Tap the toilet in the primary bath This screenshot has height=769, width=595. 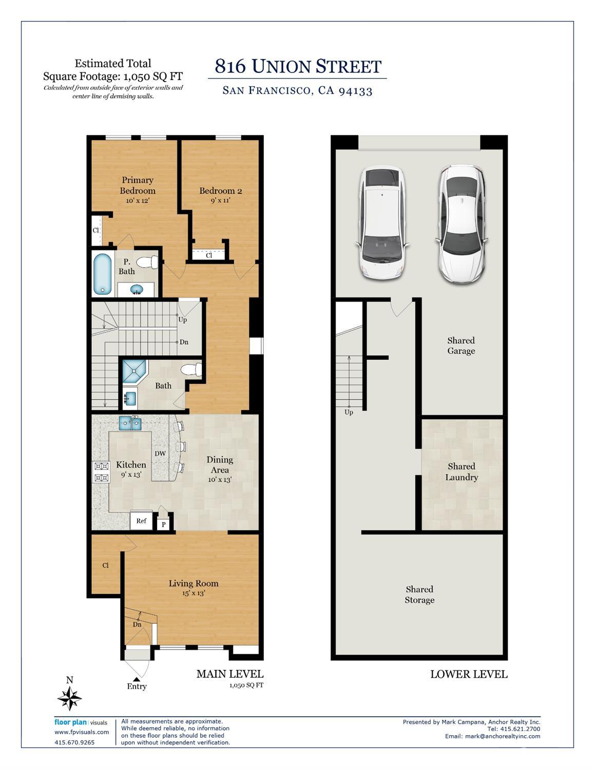pyautogui.click(x=148, y=262)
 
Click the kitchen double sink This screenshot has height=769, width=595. pyautogui.click(x=130, y=423)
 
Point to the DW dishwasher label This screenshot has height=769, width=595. pyautogui.click(x=160, y=453)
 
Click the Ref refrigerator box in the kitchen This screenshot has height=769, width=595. pyautogui.click(x=141, y=521)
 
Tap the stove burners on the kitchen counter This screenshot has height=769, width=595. pyautogui.click(x=101, y=472)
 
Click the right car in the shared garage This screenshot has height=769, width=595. pyautogui.click(x=462, y=223)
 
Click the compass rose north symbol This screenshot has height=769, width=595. pyautogui.click(x=70, y=698)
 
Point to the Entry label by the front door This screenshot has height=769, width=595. pyautogui.click(x=137, y=686)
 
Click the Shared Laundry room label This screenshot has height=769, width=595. pyautogui.click(x=462, y=472)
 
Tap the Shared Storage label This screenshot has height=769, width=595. pyautogui.click(x=419, y=595)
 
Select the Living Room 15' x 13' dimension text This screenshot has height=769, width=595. pyautogui.click(x=194, y=593)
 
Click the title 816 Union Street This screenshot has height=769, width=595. pyautogui.click(x=298, y=67)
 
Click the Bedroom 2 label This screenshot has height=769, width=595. pyautogui.click(x=220, y=191)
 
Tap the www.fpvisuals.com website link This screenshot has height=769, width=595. pyautogui.click(x=82, y=732)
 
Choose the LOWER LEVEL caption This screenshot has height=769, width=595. pyautogui.click(x=468, y=674)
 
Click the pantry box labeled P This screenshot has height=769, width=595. pyautogui.click(x=164, y=524)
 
